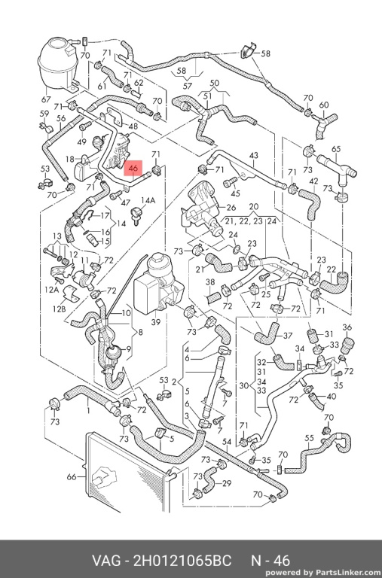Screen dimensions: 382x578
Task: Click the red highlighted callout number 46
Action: point(133,169)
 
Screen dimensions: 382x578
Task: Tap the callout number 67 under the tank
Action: point(46,99)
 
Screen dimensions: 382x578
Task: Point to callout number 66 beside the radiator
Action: point(72,476)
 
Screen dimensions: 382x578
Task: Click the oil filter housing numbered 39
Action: point(158,284)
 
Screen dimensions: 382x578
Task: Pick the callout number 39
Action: point(156,322)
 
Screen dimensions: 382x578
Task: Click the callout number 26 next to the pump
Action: point(231,207)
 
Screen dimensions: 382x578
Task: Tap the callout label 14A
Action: point(148,200)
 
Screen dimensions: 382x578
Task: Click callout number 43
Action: point(254,155)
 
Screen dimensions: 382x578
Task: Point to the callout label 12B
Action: point(59,308)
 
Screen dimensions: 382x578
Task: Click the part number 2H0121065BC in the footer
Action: point(182,561)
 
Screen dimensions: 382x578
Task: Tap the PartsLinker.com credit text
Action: point(323,573)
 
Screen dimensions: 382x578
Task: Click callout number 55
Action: point(309,438)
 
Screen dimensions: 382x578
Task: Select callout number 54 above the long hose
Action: point(226,442)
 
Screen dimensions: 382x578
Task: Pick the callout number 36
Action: point(347,327)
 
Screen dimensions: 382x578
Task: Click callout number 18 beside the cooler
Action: point(70,159)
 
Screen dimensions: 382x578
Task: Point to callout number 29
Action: point(226,483)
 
